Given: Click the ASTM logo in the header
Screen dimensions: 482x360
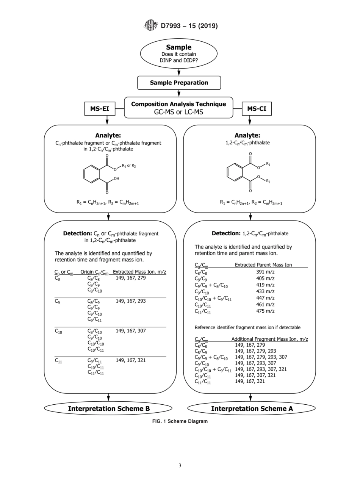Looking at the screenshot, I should point(151,25).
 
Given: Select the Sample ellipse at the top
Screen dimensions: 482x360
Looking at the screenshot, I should point(179,53).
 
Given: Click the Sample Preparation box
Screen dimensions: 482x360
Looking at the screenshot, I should point(179,83).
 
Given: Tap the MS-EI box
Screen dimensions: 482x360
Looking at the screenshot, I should point(100,109).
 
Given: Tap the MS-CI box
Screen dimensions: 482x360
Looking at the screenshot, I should point(257,109).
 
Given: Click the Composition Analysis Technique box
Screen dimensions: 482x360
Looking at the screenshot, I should point(178,108).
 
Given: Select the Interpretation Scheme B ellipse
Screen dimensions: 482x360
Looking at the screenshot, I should point(108,408).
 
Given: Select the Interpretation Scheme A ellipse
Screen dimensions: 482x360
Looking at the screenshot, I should point(252,408).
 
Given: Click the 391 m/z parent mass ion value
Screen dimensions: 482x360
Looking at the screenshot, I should point(265,272).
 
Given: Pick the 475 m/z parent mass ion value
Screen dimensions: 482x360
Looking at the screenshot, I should point(265,311).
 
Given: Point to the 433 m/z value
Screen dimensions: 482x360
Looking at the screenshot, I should point(265,291).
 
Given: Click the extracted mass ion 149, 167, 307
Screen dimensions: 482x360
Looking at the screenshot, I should point(131,331).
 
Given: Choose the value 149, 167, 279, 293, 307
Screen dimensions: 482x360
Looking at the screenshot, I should point(261,357).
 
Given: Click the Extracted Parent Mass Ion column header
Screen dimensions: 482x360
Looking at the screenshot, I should point(263,265).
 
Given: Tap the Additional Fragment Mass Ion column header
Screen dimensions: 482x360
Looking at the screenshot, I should point(269,339).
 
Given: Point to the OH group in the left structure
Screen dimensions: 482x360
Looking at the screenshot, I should point(116,178).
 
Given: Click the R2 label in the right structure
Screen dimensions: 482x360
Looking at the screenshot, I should point(268,181).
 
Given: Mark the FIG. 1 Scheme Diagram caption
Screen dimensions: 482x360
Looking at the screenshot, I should point(180,421).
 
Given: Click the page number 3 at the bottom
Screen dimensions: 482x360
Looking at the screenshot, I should point(180,466).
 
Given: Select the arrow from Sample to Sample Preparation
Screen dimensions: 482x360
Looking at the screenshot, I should point(179,72).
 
